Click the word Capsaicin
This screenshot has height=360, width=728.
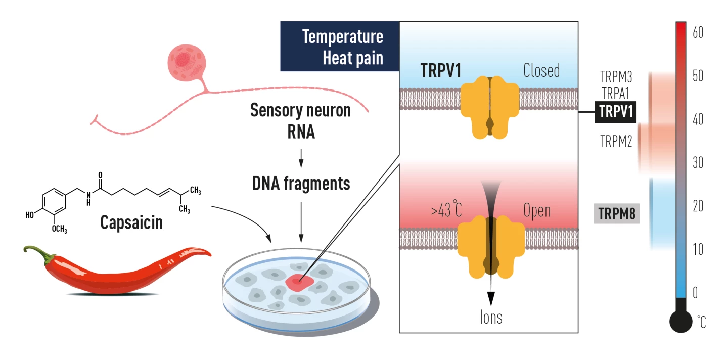(131, 222)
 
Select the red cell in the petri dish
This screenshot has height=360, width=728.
(300, 283)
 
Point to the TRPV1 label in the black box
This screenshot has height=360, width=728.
(616, 111)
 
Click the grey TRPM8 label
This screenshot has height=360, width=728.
(616, 213)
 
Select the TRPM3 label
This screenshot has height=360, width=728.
(616, 77)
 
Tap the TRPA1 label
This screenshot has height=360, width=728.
(616, 93)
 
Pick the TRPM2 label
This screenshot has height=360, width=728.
(616, 141)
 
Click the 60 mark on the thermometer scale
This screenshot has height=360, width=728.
(698, 33)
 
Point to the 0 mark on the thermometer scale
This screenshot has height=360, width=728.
(695, 292)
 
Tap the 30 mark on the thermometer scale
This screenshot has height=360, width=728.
(698, 163)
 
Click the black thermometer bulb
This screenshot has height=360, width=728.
(680, 321)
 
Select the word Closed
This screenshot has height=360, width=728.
(541, 70)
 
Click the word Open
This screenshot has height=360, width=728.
(537, 210)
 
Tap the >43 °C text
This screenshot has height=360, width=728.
(446, 210)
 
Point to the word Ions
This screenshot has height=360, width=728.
(491, 317)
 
